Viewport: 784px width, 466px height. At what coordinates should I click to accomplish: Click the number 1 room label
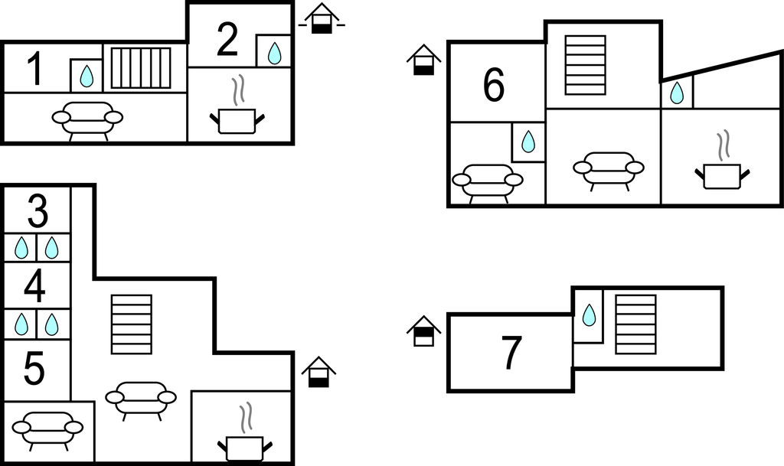[x=34, y=69]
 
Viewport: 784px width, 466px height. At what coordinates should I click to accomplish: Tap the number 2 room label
[x=227, y=41]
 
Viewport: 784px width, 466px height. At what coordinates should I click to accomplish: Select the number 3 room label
[x=37, y=212]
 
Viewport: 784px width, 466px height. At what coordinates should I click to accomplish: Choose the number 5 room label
[x=34, y=370]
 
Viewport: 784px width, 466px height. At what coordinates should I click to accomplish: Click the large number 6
[x=494, y=85]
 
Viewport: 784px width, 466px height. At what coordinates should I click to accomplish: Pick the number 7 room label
[x=511, y=353]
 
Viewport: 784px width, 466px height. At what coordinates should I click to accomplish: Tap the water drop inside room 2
[x=274, y=53]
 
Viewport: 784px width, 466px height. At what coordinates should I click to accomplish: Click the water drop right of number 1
[x=87, y=76]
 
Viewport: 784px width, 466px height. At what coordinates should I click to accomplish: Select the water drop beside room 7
[x=589, y=314]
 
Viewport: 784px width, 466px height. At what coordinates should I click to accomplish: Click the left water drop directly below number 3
[x=21, y=247]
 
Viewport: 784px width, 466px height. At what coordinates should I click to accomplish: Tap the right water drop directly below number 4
[x=51, y=324]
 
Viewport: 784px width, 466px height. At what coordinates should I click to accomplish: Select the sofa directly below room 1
[x=87, y=119]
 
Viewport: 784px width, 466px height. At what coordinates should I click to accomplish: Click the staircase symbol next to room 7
[x=635, y=324]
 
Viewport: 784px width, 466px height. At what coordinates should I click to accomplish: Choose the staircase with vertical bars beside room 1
[x=141, y=68]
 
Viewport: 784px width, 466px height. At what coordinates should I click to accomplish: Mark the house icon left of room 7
[x=424, y=331]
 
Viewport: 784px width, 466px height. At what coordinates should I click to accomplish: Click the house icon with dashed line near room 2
[x=322, y=20]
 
